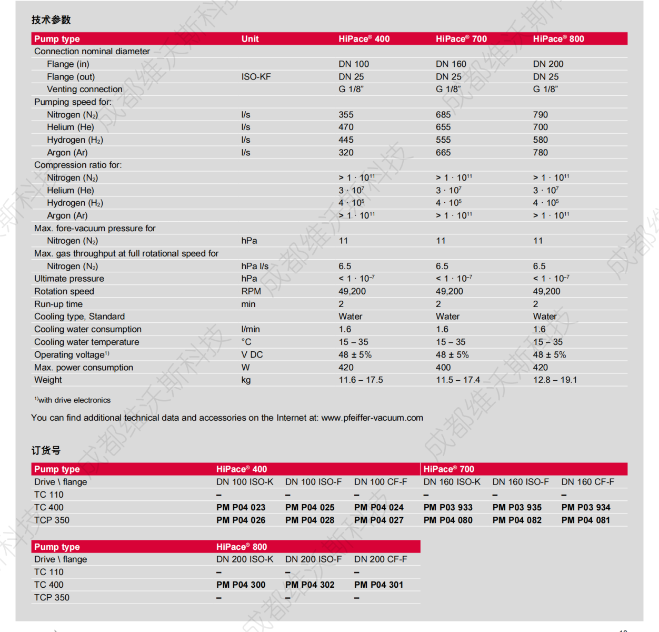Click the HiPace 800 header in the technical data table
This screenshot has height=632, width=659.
[558, 39]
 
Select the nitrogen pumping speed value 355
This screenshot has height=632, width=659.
[346, 115]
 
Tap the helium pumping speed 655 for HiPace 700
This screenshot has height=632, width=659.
[443, 127]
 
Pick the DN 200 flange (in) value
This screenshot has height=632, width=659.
[547, 64]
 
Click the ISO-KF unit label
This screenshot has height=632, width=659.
[256, 77]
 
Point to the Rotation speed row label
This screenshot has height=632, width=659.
[64, 291]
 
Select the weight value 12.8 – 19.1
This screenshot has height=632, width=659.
[554, 380]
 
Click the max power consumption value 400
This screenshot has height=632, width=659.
[443, 368]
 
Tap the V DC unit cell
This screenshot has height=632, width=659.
[252, 355]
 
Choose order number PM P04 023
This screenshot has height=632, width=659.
[241, 508]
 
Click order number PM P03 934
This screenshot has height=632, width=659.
[585, 508]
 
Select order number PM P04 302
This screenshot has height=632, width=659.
[309, 585]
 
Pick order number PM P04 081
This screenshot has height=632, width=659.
[585, 520]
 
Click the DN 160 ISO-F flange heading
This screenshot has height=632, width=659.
[520, 482]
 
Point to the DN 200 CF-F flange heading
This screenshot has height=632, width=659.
[380, 559]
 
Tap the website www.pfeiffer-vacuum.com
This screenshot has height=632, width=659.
[372, 418]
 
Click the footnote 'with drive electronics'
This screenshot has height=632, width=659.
[74, 400]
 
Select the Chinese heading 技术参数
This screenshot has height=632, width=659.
[51, 20]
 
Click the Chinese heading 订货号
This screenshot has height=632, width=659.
[46, 450]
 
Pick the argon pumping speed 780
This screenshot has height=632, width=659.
[540, 153]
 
